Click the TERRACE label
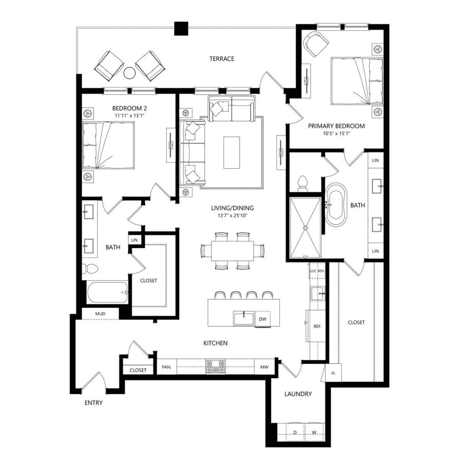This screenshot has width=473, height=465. [x=222, y=59]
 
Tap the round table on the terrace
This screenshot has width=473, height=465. [x=130, y=73]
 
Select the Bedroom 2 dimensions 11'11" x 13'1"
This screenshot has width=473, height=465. [x=129, y=115]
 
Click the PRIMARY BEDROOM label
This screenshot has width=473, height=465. [x=336, y=126]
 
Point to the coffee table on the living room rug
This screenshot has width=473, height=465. [x=232, y=152]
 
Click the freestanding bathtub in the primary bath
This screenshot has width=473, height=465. [x=336, y=205]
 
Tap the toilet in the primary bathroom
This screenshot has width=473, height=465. [x=303, y=184]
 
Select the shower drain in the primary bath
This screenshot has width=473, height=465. [x=306, y=228]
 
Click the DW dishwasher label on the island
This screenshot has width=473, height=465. [x=263, y=319]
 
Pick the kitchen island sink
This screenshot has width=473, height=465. [x=244, y=318]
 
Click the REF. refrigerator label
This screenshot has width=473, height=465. [x=317, y=326]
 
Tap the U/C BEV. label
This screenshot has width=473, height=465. [x=317, y=271]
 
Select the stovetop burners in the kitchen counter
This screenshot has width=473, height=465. [x=215, y=367]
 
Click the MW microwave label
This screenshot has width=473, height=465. [x=264, y=367]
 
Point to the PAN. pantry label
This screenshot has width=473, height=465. [x=166, y=367]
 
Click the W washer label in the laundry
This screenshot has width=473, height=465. [x=314, y=433]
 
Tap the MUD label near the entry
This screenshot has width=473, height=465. [x=100, y=314]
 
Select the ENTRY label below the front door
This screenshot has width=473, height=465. [x=94, y=403]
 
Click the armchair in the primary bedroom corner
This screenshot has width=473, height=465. [x=316, y=44]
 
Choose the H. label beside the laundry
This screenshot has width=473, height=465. [x=333, y=373]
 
